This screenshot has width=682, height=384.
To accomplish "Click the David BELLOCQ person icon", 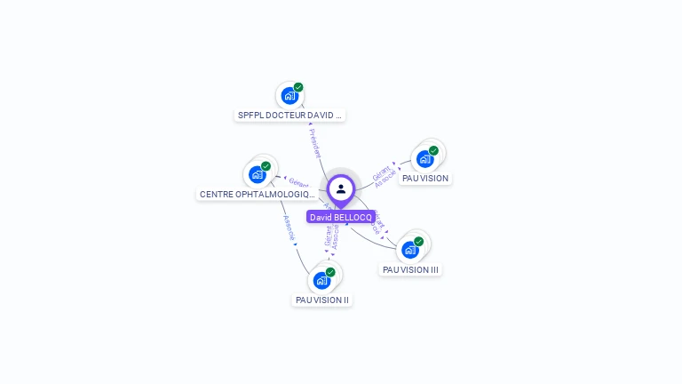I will pyautogui.click(x=341, y=188).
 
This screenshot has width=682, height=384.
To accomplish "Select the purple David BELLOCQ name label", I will pyautogui.click(x=341, y=217).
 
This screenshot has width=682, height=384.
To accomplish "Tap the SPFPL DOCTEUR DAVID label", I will pyautogui.click(x=289, y=115).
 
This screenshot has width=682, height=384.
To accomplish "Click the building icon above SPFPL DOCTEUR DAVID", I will pyautogui.click(x=289, y=95).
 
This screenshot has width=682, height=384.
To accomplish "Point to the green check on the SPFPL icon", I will pyautogui.click(x=298, y=87).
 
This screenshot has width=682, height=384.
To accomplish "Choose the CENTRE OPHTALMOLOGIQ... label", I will pyautogui.click(x=258, y=194).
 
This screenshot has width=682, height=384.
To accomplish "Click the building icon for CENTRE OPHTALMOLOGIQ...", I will pyautogui.click(x=258, y=174).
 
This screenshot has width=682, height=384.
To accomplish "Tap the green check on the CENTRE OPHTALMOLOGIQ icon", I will pyautogui.click(x=266, y=166).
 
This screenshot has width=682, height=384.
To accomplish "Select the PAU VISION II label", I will pyautogui.click(x=322, y=300).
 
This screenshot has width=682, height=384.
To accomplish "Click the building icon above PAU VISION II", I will pyautogui.click(x=321, y=280).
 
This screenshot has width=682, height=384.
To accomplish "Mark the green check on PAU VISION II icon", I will pyautogui.click(x=330, y=272).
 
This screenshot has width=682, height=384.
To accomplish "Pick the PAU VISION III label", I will pyautogui.click(x=410, y=269).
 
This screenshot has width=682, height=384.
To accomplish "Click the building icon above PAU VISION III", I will pyautogui.click(x=410, y=249).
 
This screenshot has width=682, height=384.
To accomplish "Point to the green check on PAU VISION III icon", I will pyautogui.click(x=418, y=241).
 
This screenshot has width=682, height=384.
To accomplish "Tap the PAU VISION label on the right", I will pyautogui.click(x=425, y=178).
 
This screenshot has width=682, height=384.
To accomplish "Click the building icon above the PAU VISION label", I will pyautogui.click(x=424, y=158).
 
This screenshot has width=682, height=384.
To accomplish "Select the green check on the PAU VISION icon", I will pyautogui.click(x=433, y=150).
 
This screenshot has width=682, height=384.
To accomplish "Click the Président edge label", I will pyautogui.click(x=315, y=143).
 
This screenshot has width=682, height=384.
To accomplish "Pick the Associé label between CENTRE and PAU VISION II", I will pyautogui.click(x=289, y=228).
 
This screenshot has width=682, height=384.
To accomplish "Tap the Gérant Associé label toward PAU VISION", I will pyautogui.click(x=384, y=175).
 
